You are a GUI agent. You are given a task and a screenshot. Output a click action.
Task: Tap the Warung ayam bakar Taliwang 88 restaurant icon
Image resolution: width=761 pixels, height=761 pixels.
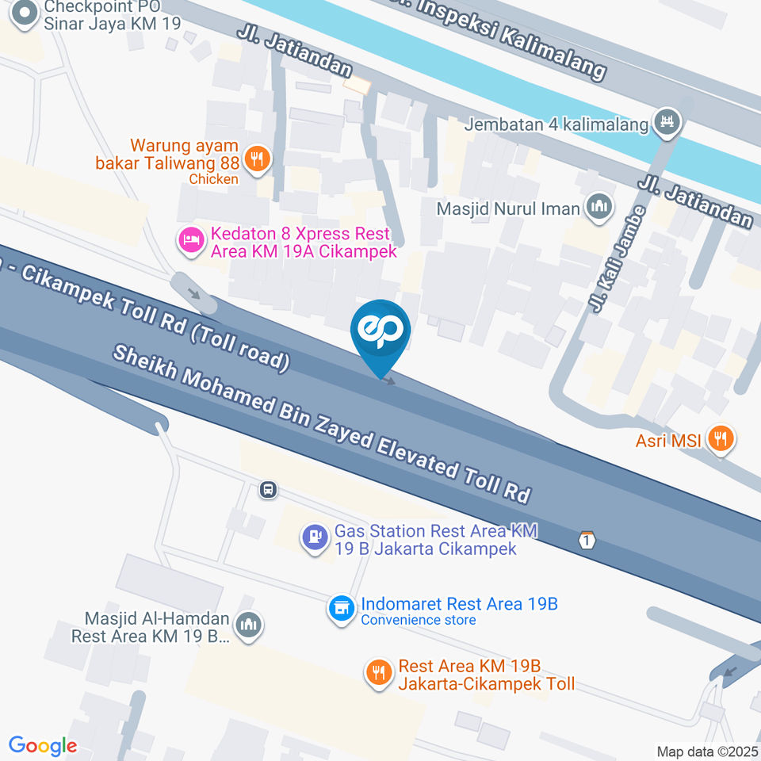coord(257,159)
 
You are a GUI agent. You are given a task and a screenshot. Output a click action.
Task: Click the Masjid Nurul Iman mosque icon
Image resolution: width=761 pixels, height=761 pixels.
coord(598,208)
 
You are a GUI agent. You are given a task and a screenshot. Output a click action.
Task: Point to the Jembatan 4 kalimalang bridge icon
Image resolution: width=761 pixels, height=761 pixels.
coord(665,122)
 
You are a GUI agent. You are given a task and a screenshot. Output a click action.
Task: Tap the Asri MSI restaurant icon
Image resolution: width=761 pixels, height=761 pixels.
coord(721,438)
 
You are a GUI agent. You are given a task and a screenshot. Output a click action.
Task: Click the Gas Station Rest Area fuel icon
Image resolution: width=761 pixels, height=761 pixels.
coord(315,538)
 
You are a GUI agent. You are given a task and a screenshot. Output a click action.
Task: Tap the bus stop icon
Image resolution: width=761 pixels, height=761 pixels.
coord(269,490)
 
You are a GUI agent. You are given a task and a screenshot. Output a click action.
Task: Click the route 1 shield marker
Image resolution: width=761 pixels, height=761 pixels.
coord(586,540)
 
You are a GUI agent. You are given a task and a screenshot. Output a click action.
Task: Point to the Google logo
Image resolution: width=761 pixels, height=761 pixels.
coord(43,746)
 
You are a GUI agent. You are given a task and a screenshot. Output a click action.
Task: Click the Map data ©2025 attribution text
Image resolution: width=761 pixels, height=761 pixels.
coord(707,751)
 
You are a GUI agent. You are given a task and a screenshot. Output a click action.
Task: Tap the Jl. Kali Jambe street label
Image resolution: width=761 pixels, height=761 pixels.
coord(617,259)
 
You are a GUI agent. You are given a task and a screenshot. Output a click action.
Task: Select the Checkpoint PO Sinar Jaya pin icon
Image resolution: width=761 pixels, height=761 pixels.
coord(25,13)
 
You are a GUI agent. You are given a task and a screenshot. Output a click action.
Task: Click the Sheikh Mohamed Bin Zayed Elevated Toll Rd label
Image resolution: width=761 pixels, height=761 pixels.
coord(321,423)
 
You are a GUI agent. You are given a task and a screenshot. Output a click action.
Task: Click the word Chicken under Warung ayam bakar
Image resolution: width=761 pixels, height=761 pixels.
coord(213,179)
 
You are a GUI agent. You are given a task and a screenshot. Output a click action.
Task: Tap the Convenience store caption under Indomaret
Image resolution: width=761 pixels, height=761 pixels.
coord(419,620)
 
